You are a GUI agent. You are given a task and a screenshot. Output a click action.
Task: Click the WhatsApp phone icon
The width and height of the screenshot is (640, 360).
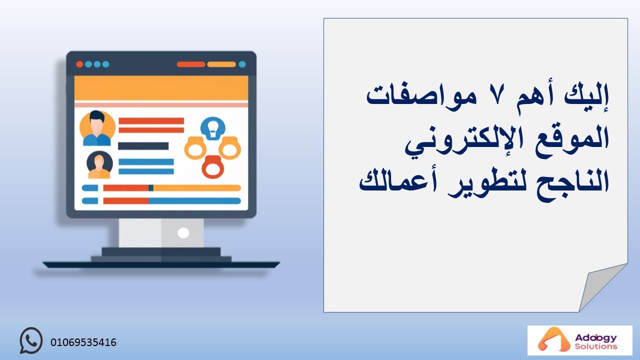point(31,340)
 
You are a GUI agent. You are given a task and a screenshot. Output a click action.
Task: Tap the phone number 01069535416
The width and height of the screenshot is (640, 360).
point(83,342)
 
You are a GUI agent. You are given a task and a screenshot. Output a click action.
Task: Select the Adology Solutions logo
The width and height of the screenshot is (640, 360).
point(579,340)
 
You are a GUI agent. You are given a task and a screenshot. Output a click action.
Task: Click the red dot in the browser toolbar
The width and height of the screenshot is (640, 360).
point(79,64)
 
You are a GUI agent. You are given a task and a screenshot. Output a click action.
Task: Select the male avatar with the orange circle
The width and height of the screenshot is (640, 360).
point(97,128)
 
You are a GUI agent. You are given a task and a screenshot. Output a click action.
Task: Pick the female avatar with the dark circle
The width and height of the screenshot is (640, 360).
point(99,165)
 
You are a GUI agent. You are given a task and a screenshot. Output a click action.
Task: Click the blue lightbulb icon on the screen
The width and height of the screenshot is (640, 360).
point(213,128)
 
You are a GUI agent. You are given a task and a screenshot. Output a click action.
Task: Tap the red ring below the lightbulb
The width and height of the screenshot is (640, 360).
point(213,167)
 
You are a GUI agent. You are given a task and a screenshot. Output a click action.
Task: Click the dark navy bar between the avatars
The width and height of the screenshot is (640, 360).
point(143,146)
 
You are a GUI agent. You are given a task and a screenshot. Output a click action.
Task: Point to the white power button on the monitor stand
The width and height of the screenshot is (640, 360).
point(183,233)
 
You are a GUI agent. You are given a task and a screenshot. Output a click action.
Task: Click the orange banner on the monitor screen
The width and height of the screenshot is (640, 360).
point(161,88)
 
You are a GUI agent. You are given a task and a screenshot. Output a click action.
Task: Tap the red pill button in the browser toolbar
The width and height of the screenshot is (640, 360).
point(191,64)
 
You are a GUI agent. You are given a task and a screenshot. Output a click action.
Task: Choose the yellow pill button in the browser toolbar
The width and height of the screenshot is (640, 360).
point(221,64)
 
